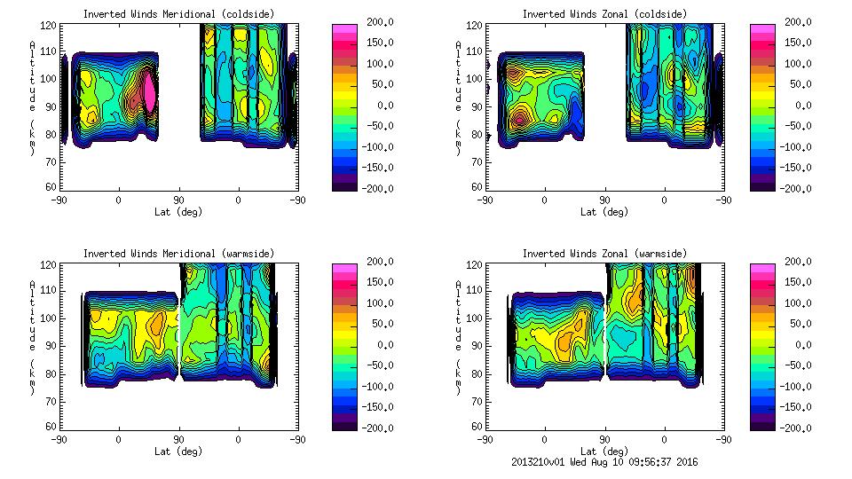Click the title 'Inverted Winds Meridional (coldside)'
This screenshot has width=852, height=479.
click(178, 13)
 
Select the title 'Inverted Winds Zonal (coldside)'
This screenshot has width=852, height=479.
click(604, 13)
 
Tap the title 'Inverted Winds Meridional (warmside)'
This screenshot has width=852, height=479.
click(178, 254)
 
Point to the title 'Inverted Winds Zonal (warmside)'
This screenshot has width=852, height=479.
click(604, 254)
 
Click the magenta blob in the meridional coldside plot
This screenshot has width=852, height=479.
click(150, 93)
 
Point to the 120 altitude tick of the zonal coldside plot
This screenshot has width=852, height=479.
click(477, 27)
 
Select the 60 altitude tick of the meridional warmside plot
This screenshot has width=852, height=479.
click(52, 427)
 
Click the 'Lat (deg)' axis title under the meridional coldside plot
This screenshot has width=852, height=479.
click(178, 212)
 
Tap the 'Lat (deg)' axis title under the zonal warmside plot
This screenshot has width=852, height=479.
click(604, 452)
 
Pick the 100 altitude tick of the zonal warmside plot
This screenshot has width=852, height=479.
click(477, 318)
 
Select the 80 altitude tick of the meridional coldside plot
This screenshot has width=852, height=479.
click(52, 135)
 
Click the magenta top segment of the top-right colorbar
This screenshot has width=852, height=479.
click(762, 29)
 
